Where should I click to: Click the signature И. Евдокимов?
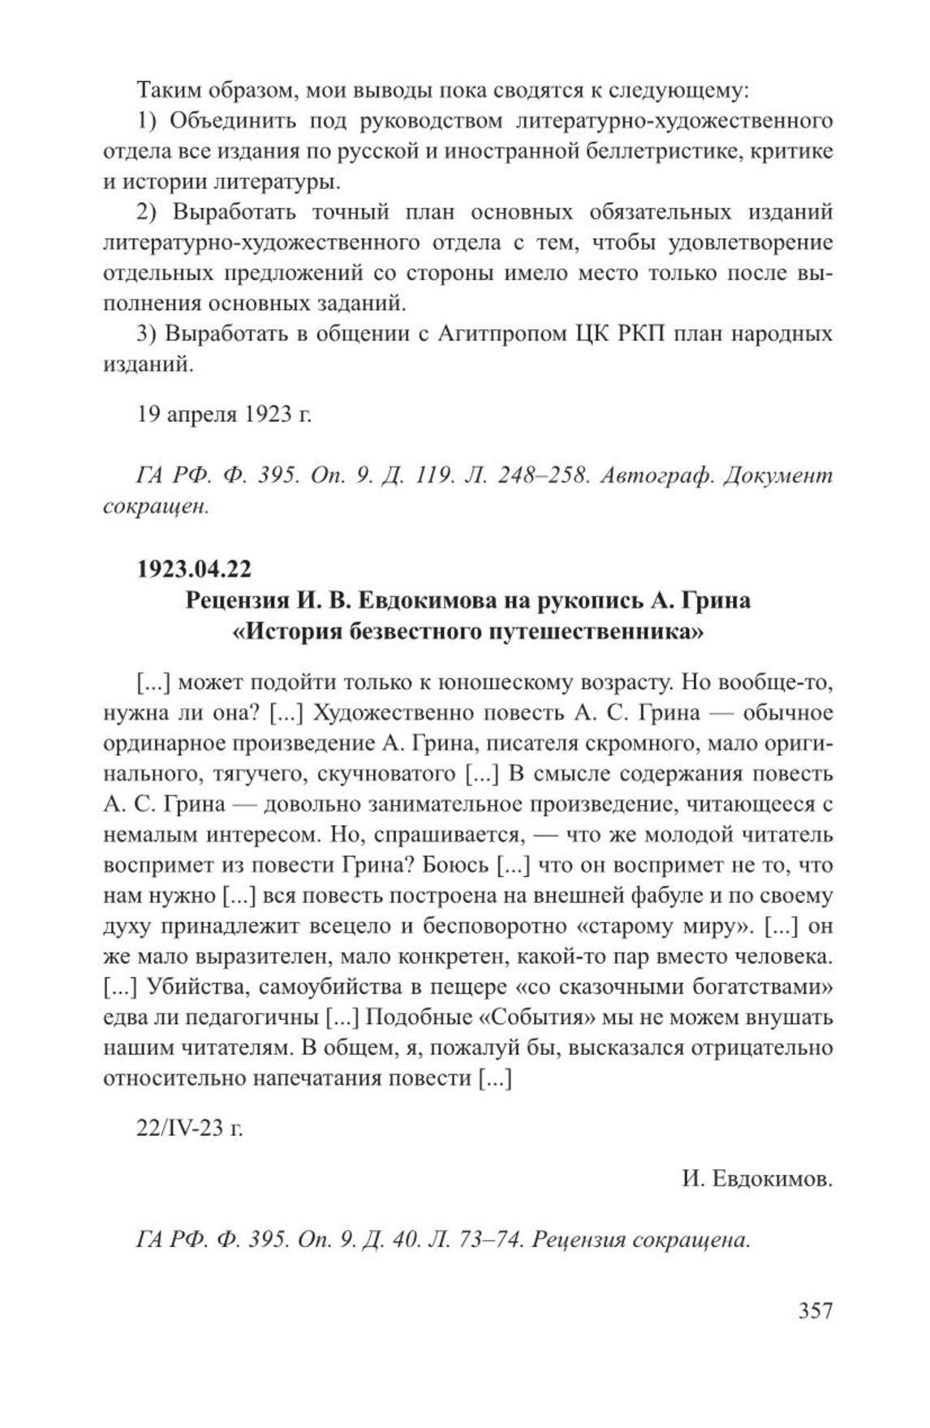click(758, 1179)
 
